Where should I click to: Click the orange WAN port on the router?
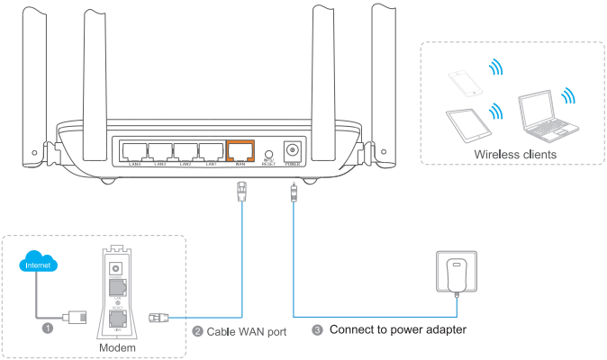coord(240,151)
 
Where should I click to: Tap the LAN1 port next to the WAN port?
coord(212,151)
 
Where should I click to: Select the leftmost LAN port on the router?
coord(134,151)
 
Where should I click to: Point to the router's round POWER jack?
coord(292,150)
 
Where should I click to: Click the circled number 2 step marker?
coord(199,330)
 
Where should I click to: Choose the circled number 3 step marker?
coord(317,329)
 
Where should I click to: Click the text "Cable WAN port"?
coord(246,331)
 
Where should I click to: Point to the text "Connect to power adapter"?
coord(397,329)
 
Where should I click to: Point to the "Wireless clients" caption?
coord(514,154)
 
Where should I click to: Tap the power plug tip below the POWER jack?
coord(293,191)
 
